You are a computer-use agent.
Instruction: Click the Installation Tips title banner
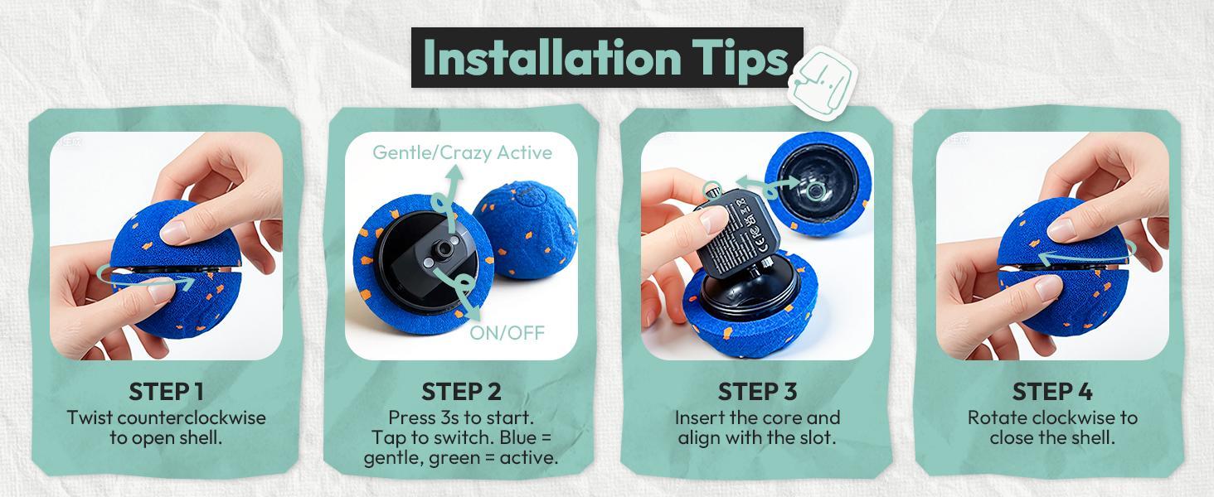[606, 57]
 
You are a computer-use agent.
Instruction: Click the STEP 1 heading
[166, 391]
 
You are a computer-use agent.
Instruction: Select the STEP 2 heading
[461, 391]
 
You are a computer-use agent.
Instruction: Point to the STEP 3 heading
[757, 391]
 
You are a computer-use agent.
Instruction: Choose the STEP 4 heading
[1051, 391]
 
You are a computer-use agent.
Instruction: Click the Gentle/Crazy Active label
[462, 152]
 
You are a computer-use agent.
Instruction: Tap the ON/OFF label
[507, 333]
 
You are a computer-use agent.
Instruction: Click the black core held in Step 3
[741, 236]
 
